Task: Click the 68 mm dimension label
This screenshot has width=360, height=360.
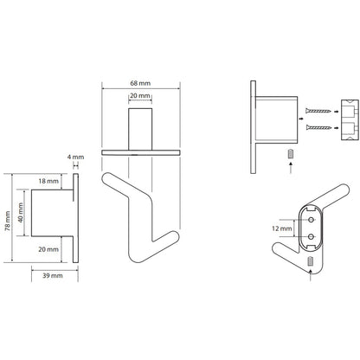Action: point(140,83)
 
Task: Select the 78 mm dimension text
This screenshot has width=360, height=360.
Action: point(8,221)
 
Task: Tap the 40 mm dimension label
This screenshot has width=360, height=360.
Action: point(21,213)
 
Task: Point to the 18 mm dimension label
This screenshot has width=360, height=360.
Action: point(48,181)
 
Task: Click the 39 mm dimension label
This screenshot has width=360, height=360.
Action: point(53,275)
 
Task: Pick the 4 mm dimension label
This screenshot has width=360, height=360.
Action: point(75,157)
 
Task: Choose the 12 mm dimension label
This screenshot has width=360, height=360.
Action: point(282,228)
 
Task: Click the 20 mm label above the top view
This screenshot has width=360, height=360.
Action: point(140,96)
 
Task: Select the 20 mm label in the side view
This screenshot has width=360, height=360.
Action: point(48,249)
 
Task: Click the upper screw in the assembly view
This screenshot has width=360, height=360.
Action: point(318,111)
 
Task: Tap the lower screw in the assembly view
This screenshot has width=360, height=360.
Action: point(318,127)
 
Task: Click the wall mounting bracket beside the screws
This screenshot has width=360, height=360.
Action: point(350,119)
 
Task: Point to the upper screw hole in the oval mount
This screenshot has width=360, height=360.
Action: point(311,220)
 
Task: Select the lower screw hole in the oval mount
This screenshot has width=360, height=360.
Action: point(311,236)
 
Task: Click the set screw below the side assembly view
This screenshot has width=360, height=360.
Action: point(291,153)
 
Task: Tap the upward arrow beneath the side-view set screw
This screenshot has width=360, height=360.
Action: point(291,168)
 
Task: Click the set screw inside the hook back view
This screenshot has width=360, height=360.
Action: point(311,260)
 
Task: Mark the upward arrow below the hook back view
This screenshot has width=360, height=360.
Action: point(311,274)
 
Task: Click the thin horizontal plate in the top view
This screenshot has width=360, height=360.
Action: point(141,152)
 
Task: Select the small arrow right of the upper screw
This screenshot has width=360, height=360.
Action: point(336,111)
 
